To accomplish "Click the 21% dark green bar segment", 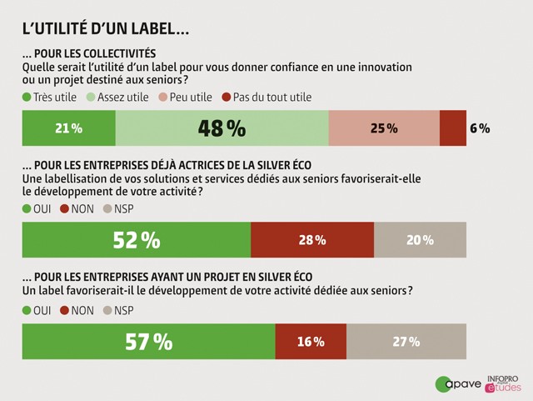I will pyautogui.click(x=69, y=128).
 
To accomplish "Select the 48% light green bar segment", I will pyautogui.click(x=222, y=128).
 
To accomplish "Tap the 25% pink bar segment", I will pyautogui.click(x=384, y=128).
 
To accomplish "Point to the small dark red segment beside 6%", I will pyautogui.click(x=452, y=128).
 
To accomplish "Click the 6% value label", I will pyautogui.click(x=481, y=129).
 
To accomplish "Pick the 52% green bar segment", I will pyautogui.click(x=137, y=240).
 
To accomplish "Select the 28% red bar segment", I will pyautogui.click(x=312, y=240).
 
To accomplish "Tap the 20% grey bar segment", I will pyautogui.click(x=420, y=240).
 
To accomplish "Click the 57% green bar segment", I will pyautogui.click(x=148, y=341).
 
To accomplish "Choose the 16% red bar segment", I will pyautogui.click(x=310, y=341).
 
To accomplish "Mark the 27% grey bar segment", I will pyautogui.click(x=406, y=341).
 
